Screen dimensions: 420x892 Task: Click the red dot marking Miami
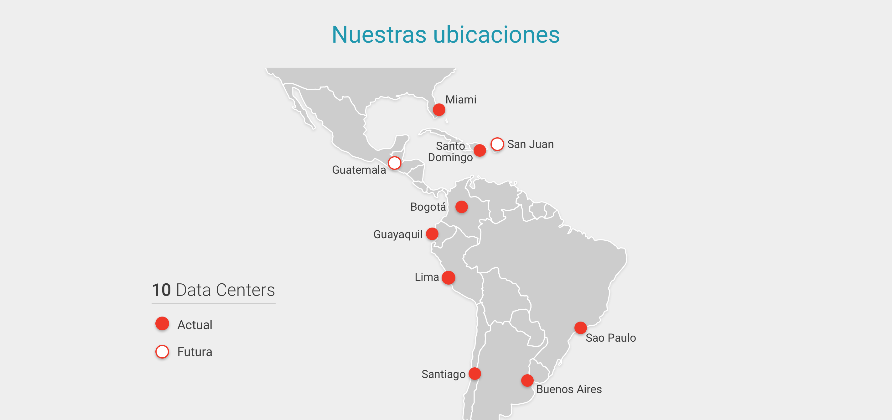pyautogui.click(x=439, y=110)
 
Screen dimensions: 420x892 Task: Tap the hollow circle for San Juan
pyautogui.click(x=497, y=144)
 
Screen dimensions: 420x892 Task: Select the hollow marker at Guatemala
pyautogui.click(x=394, y=163)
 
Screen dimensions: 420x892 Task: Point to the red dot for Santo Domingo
pyautogui.click(x=480, y=150)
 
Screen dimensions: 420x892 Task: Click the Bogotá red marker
pyautogui.click(x=461, y=207)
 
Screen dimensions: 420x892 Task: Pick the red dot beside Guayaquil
pyautogui.click(x=432, y=234)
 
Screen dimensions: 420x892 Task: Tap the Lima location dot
pyautogui.click(x=449, y=278)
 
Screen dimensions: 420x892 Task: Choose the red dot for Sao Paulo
pyautogui.click(x=580, y=328)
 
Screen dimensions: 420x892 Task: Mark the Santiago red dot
pyautogui.click(x=475, y=374)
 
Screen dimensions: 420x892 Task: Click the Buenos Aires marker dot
pyautogui.click(x=527, y=381)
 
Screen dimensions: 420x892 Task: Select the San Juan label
pyautogui.click(x=530, y=144)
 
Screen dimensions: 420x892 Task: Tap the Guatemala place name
pyautogui.click(x=359, y=170)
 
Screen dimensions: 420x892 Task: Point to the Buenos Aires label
pyautogui.click(x=568, y=389)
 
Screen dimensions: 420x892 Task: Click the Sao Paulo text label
pyautogui.click(x=610, y=338)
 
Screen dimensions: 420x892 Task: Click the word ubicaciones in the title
pyautogui.click(x=496, y=35)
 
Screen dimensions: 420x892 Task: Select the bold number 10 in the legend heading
pyautogui.click(x=161, y=290)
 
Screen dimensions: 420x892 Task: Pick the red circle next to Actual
pyautogui.click(x=162, y=324)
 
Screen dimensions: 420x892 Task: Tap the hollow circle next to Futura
pyautogui.click(x=162, y=352)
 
